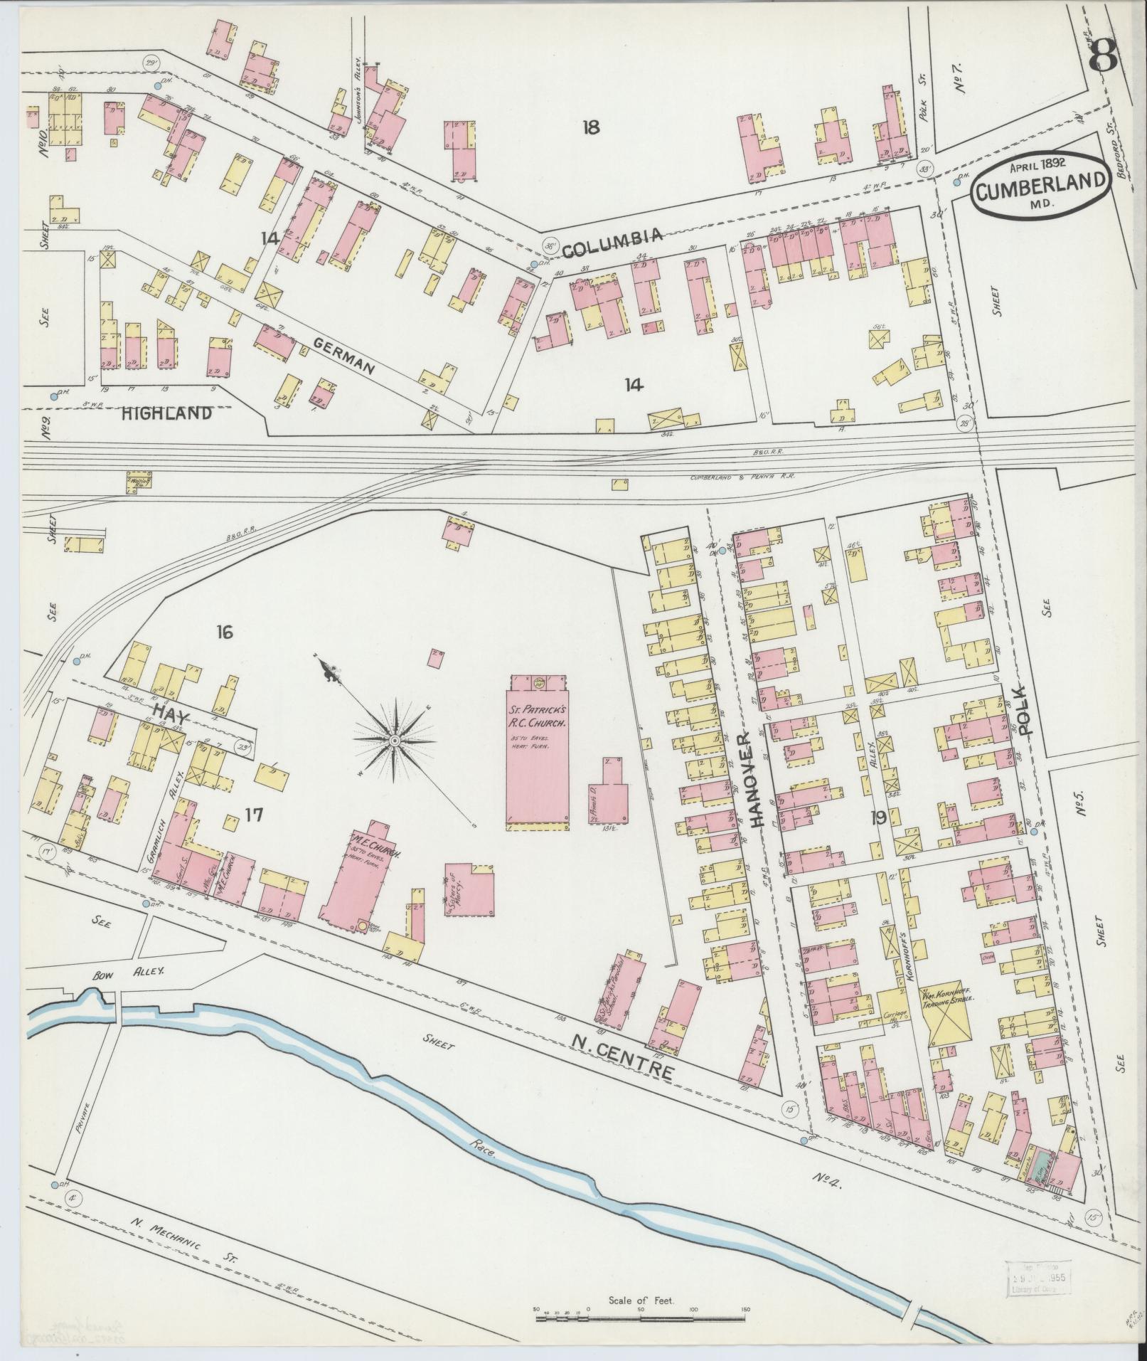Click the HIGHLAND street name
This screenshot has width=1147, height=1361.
pos(166,413)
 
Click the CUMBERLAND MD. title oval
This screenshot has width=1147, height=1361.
pos(1040,184)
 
